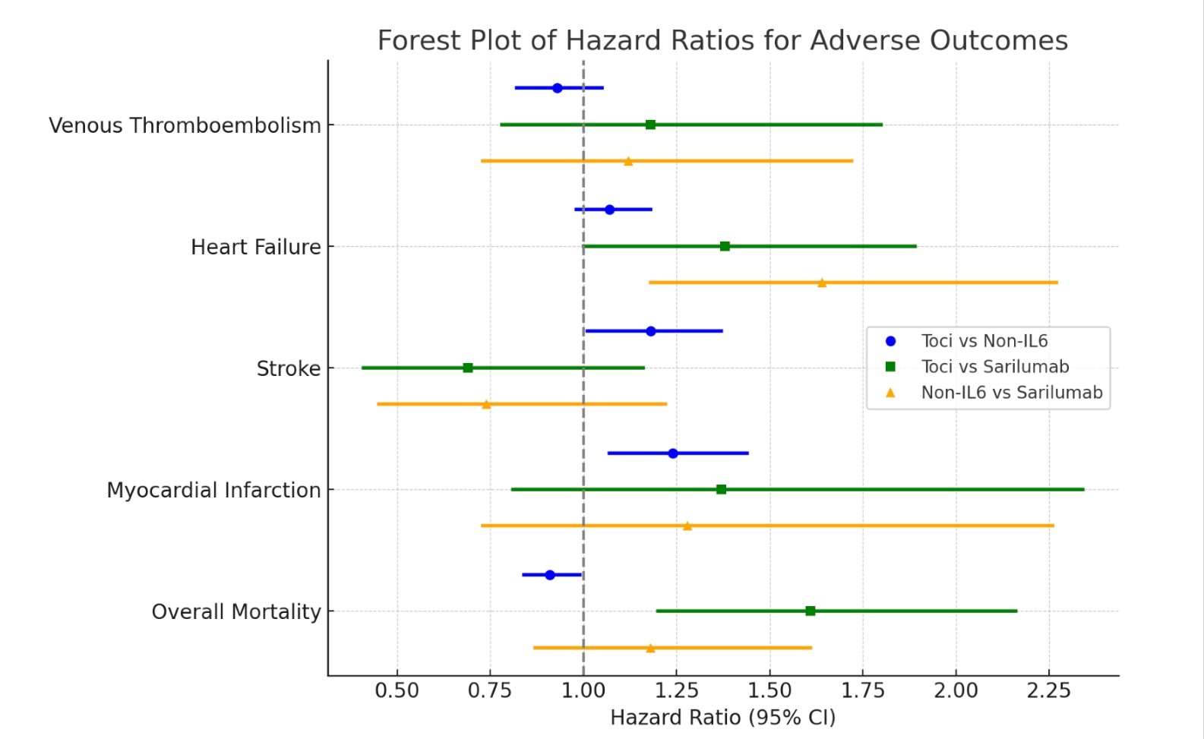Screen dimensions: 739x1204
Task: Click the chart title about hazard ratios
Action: coord(722,40)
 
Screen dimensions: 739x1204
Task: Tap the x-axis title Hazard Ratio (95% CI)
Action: coord(722,718)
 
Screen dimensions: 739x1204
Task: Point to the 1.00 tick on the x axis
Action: coord(583,691)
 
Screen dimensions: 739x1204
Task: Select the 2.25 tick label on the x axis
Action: coord(1049,691)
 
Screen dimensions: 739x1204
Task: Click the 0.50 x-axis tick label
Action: coord(397,691)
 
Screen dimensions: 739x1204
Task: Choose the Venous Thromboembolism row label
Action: coord(185,125)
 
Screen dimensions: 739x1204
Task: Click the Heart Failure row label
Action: coord(255,247)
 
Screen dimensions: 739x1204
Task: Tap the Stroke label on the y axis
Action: coord(289,368)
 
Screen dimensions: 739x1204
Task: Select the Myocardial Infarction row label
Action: coord(213,490)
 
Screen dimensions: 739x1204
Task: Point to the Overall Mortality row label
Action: coord(236,611)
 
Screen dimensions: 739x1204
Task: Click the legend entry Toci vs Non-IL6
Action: coord(984,341)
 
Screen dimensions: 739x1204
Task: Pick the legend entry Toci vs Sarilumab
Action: coord(995,367)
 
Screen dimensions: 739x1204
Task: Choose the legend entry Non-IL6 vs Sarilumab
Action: coord(1012,393)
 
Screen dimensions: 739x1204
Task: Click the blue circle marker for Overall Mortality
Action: coord(550,575)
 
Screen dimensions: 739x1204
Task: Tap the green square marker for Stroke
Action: coord(468,368)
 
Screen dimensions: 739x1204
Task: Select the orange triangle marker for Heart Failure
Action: coord(822,283)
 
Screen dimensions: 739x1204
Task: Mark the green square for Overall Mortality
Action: coord(811,611)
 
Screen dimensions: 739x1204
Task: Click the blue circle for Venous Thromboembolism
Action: coord(558,88)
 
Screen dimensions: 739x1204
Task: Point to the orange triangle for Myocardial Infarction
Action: coord(687,526)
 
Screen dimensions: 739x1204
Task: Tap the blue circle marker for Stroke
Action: coord(651,331)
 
